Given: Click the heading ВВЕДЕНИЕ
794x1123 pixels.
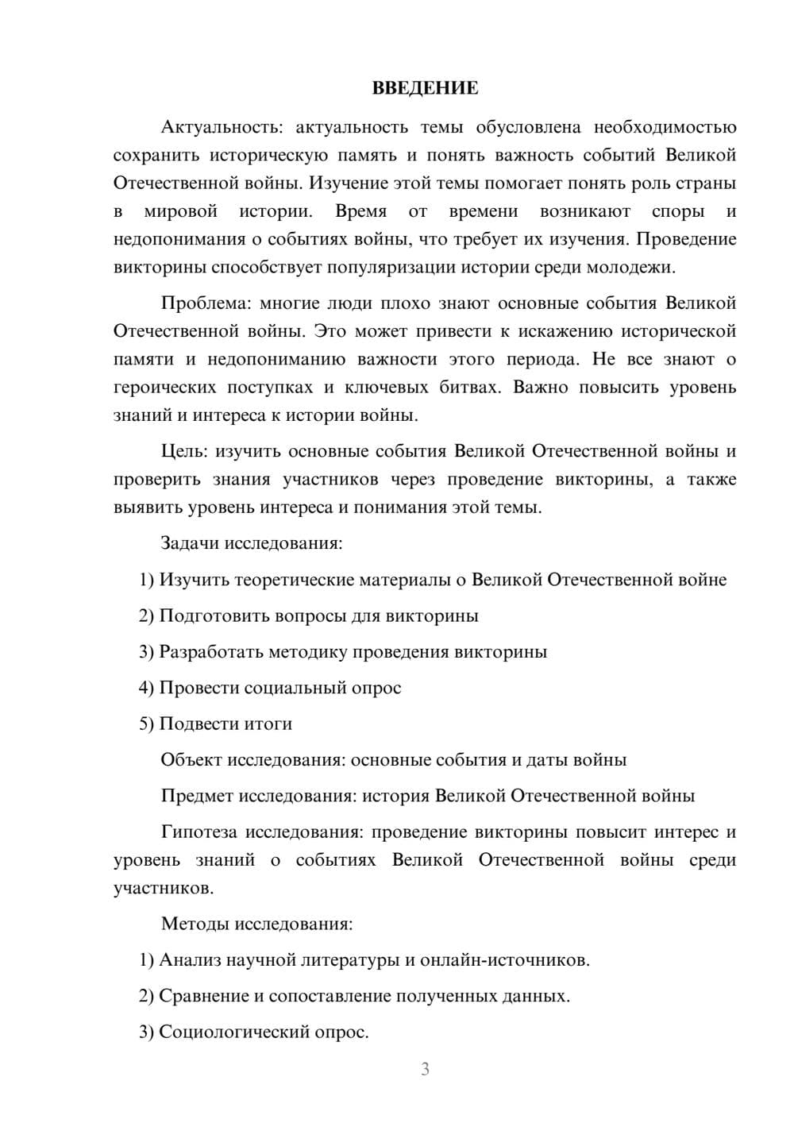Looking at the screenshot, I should click(x=425, y=88).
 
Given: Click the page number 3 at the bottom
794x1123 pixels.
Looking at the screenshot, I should click(x=425, y=1069).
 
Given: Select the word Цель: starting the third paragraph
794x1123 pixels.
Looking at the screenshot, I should click(x=183, y=451).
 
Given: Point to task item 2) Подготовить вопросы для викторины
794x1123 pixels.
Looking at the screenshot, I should click(x=308, y=616).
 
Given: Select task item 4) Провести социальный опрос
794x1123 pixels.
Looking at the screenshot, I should click(x=270, y=688).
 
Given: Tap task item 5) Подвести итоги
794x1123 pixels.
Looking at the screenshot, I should click(x=215, y=724).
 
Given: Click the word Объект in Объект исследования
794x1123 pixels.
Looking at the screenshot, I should click(x=191, y=760).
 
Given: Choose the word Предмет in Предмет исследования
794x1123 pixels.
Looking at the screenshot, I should click(x=197, y=796).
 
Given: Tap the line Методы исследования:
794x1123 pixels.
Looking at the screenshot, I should click(x=256, y=924).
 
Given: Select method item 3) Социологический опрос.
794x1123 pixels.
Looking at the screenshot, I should click(x=254, y=1032).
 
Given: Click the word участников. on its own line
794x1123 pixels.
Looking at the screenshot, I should click(x=164, y=888).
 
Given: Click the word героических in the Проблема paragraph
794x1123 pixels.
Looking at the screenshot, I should click(x=165, y=388).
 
